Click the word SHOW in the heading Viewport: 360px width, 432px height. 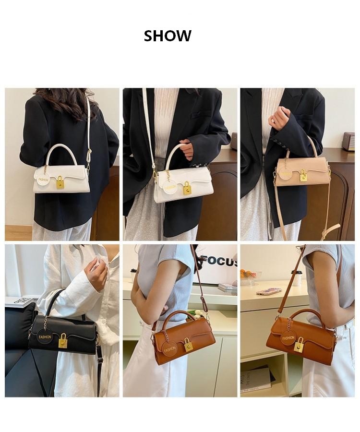(168, 36)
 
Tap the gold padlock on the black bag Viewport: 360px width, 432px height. (63, 341)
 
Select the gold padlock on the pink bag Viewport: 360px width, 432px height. (303, 176)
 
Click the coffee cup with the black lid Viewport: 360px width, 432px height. (296, 277)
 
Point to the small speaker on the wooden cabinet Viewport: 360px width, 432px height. (348, 141)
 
